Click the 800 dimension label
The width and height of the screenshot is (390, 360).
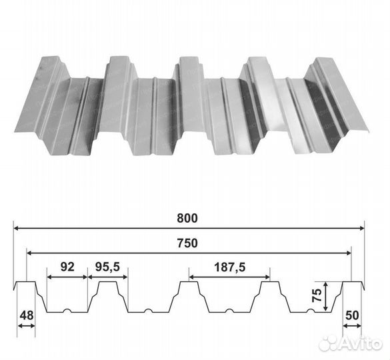[x=187, y=218]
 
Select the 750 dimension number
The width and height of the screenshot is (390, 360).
[x=187, y=243]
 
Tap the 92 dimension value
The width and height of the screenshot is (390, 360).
[x=67, y=267]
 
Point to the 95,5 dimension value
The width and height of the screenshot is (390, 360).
[x=107, y=267]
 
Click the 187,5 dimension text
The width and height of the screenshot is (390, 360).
[x=229, y=267]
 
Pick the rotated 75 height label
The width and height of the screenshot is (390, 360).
[x=317, y=295]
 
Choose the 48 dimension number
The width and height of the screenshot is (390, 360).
[x=27, y=315]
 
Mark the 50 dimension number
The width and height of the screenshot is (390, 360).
[x=352, y=315]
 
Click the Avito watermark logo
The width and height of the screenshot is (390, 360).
[x=350, y=344]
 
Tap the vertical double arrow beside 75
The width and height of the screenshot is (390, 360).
[x=325, y=296]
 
